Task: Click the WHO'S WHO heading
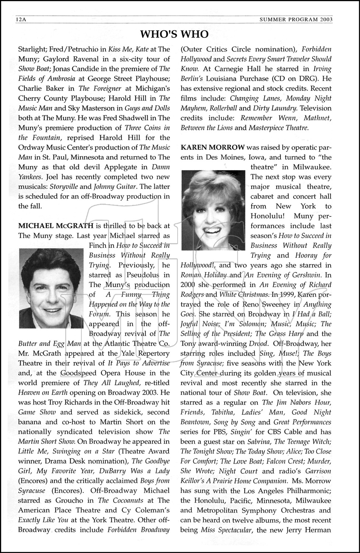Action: [x=174, y=34]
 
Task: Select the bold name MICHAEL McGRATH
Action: [x=56, y=226]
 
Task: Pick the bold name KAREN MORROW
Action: [x=213, y=147]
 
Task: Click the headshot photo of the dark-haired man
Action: [x=51, y=288]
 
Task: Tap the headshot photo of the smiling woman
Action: [x=213, y=210]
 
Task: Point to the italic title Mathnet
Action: [x=318, y=118]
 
